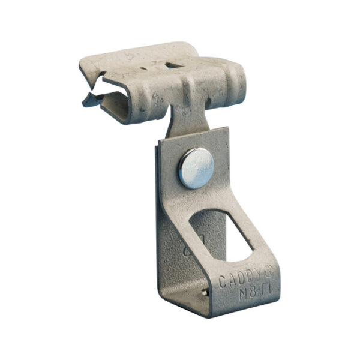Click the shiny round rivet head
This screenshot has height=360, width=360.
point(196,168)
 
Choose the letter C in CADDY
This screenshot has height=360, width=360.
point(221,283)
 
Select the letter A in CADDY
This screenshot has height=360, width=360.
point(231,281)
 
